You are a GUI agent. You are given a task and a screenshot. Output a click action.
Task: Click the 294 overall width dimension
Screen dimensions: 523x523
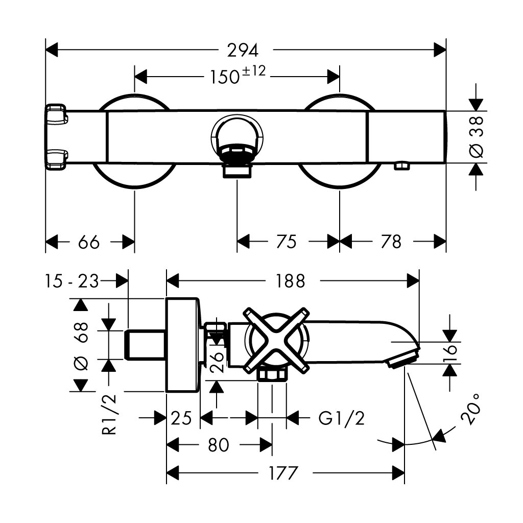tap(244, 50)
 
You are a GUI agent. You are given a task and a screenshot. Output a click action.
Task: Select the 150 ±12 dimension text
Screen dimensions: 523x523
tap(238, 76)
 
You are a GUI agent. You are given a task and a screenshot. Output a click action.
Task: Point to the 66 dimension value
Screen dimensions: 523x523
tap(89, 242)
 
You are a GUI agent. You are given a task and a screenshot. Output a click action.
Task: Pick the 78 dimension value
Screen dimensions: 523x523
tap(392, 242)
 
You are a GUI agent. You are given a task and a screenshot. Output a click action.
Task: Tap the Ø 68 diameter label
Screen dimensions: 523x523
tap(81, 345)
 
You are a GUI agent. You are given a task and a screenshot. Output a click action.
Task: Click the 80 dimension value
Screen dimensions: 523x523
tap(219, 445)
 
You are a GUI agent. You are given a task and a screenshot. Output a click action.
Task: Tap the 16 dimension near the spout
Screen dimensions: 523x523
tap(449, 352)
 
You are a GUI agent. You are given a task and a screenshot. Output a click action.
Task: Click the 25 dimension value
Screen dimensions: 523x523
tap(181, 419)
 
